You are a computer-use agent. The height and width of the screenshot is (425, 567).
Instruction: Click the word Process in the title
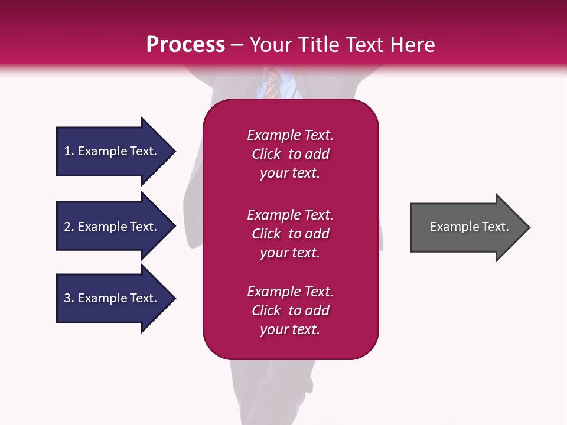185,45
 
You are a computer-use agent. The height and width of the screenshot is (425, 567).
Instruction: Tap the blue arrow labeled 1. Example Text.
112,151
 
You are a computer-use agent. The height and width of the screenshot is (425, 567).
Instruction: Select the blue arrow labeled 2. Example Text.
112,227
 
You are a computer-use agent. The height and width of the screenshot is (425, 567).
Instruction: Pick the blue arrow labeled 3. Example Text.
112,298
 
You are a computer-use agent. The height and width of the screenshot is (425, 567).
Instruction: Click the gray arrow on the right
467,227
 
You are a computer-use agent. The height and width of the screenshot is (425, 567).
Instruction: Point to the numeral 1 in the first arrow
67,151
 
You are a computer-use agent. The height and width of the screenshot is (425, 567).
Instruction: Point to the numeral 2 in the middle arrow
67,227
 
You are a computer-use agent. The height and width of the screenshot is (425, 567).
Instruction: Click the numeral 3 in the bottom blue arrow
67,298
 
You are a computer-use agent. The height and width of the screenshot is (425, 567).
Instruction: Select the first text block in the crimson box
290,154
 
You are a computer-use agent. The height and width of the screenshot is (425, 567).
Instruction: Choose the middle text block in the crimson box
290,234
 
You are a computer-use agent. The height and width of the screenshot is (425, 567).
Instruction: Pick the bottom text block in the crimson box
290,310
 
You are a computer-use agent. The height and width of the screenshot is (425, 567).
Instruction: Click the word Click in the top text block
266,154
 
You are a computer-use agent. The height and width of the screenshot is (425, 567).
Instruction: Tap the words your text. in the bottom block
290,329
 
